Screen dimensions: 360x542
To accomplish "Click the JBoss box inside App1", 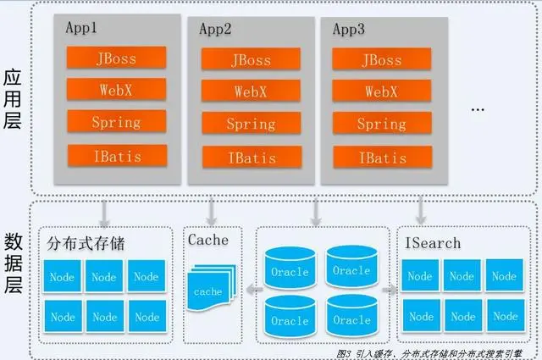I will pos(115,58).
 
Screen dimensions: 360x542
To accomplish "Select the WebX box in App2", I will pos(251,91).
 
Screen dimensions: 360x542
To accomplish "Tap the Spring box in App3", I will pos(381,125).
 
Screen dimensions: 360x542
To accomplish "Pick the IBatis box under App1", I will pos(115,155).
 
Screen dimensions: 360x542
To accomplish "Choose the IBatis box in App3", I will pos(381,158).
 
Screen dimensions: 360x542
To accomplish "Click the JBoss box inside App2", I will pos(251,59).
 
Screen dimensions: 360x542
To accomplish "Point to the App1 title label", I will pos(82,26).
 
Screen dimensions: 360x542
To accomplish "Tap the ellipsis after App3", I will pos(477,108).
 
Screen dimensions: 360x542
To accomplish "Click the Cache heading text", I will pos(208,240).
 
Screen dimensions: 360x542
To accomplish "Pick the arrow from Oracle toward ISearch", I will pos(389,290).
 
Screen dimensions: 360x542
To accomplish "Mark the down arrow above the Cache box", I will pos(211,208).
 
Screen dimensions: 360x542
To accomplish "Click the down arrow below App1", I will pos(102,208).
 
